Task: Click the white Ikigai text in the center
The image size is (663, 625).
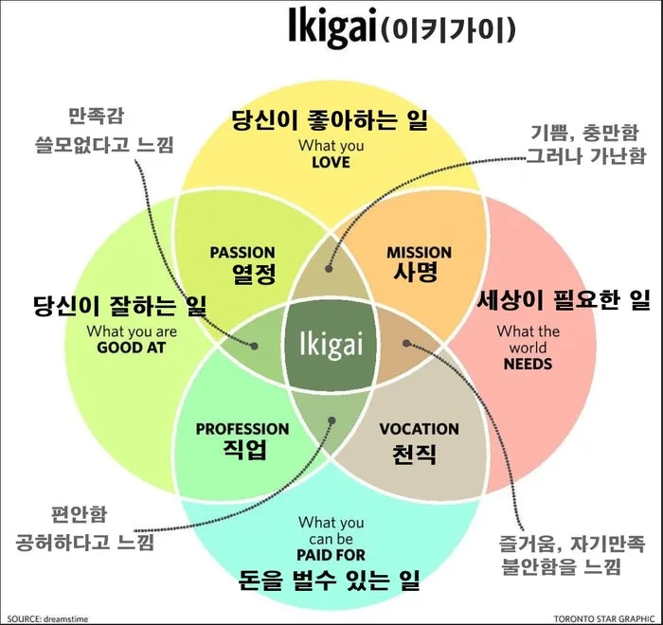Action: point(331,345)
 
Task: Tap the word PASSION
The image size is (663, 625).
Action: point(242,253)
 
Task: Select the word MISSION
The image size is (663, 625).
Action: point(419,253)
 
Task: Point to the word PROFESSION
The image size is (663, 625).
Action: point(242,429)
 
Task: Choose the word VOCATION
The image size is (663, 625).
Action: point(419,429)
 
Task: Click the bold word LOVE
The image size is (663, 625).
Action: point(331,162)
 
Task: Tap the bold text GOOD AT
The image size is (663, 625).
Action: point(131,348)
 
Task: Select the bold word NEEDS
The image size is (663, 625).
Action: point(529,364)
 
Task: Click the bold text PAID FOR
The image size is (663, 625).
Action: point(331,555)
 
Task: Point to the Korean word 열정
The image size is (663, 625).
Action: point(254,274)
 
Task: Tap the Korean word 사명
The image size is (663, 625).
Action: point(416,272)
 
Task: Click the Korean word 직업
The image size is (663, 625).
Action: point(245,450)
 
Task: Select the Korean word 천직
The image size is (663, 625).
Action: point(414,454)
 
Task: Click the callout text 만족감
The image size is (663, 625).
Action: point(96,116)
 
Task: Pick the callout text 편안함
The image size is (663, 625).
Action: point(79,514)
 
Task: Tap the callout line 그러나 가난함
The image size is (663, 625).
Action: point(586,155)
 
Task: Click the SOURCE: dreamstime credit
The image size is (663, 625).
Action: point(47,619)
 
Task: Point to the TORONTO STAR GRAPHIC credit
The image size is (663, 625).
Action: point(604,619)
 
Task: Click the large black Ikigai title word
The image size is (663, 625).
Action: point(331,27)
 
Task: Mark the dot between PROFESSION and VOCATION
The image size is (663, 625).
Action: point(331,420)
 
